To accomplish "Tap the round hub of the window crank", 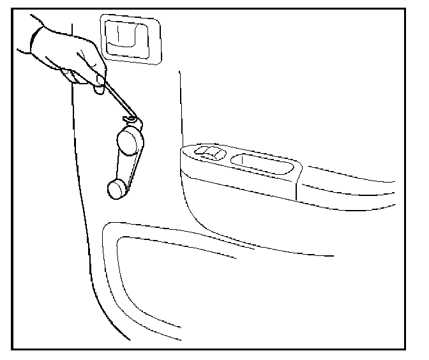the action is coord(130,140).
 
